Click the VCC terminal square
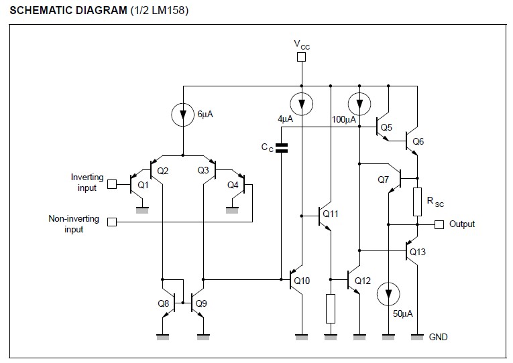pos(301,57)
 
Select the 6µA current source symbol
pos(183,115)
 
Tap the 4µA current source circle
pos(301,104)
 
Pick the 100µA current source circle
pos(359,104)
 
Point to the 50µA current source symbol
pos(388,294)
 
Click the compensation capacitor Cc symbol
pos(282,148)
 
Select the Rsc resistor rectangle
pos(417,202)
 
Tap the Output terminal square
pos(439,224)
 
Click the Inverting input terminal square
pos(112,184)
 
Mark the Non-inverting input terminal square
pos(112,222)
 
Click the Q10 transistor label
pos(302,281)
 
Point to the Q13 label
pos(418,252)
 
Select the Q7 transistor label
pos(383,179)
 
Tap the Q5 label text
pos(386,127)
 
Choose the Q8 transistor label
pos(163,303)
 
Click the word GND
pos(438,337)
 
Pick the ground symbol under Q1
pos(142,210)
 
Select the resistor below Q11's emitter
pos(331,309)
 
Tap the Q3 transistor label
pos(203,170)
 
